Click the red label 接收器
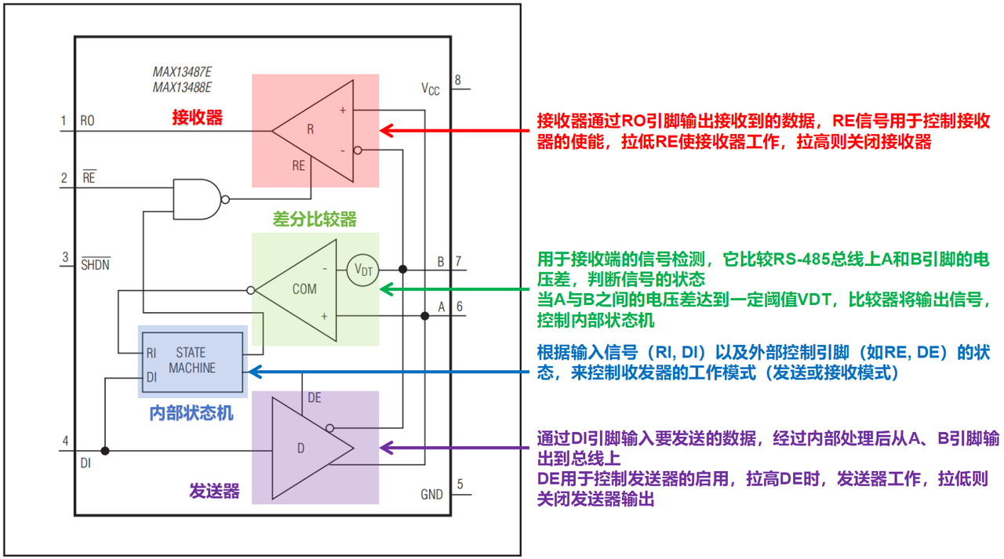click(x=197, y=118)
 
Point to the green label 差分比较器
click(x=315, y=219)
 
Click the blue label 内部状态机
click(x=191, y=412)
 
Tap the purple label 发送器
click(x=214, y=491)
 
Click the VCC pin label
click(x=431, y=89)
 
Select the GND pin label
click(x=431, y=494)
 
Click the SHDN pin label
click(x=96, y=264)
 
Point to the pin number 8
click(x=457, y=80)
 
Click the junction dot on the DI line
click(x=105, y=451)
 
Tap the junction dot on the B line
click(x=403, y=269)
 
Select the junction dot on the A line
click(x=425, y=316)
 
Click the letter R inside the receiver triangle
click(x=310, y=129)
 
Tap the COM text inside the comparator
click(x=304, y=289)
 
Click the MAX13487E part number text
click(x=182, y=71)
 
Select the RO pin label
click(x=87, y=121)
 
